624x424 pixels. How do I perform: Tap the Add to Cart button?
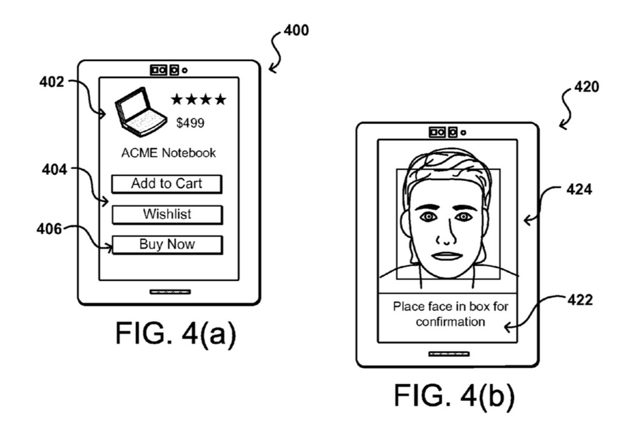pos(167,184)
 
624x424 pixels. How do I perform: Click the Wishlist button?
pos(167,214)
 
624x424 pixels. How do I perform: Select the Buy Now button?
pos(167,244)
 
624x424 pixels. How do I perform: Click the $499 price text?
pos(190,123)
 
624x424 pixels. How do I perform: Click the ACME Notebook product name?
pos(168,153)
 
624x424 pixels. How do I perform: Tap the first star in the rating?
pos(177,99)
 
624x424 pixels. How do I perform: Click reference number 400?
pos(296,30)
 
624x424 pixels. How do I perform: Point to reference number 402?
pos(51,82)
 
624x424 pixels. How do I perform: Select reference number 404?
pos(54,170)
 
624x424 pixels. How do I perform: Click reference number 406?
pos(49,229)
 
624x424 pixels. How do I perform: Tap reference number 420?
pos(586,87)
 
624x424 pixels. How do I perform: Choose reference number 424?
pos(579,190)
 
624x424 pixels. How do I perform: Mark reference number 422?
pos(580,299)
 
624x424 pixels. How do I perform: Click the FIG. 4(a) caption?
pos(175,334)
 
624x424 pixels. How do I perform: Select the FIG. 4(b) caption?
pos(454,395)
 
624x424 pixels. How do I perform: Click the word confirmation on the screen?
pos(451,321)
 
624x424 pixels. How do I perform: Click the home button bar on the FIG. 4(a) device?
pos(170,292)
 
